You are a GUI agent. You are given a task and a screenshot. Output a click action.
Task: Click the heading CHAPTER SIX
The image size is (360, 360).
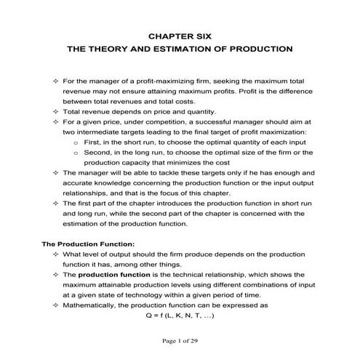[x=180, y=34]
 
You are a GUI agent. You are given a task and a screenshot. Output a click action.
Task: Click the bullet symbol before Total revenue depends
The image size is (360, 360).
[x=56, y=112]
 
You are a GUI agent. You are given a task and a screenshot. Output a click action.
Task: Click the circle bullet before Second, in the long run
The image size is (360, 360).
[x=77, y=153]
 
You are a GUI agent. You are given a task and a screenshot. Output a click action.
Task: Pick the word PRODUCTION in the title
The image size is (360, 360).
[x=260, y=51]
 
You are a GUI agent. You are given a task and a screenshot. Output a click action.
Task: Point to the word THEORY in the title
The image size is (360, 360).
[x=106, y=51]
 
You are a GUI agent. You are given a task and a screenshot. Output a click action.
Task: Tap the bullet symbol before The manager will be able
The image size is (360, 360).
[x=56, y=175]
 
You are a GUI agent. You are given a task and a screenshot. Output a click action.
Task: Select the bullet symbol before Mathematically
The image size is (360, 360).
[x=56, y=306]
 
